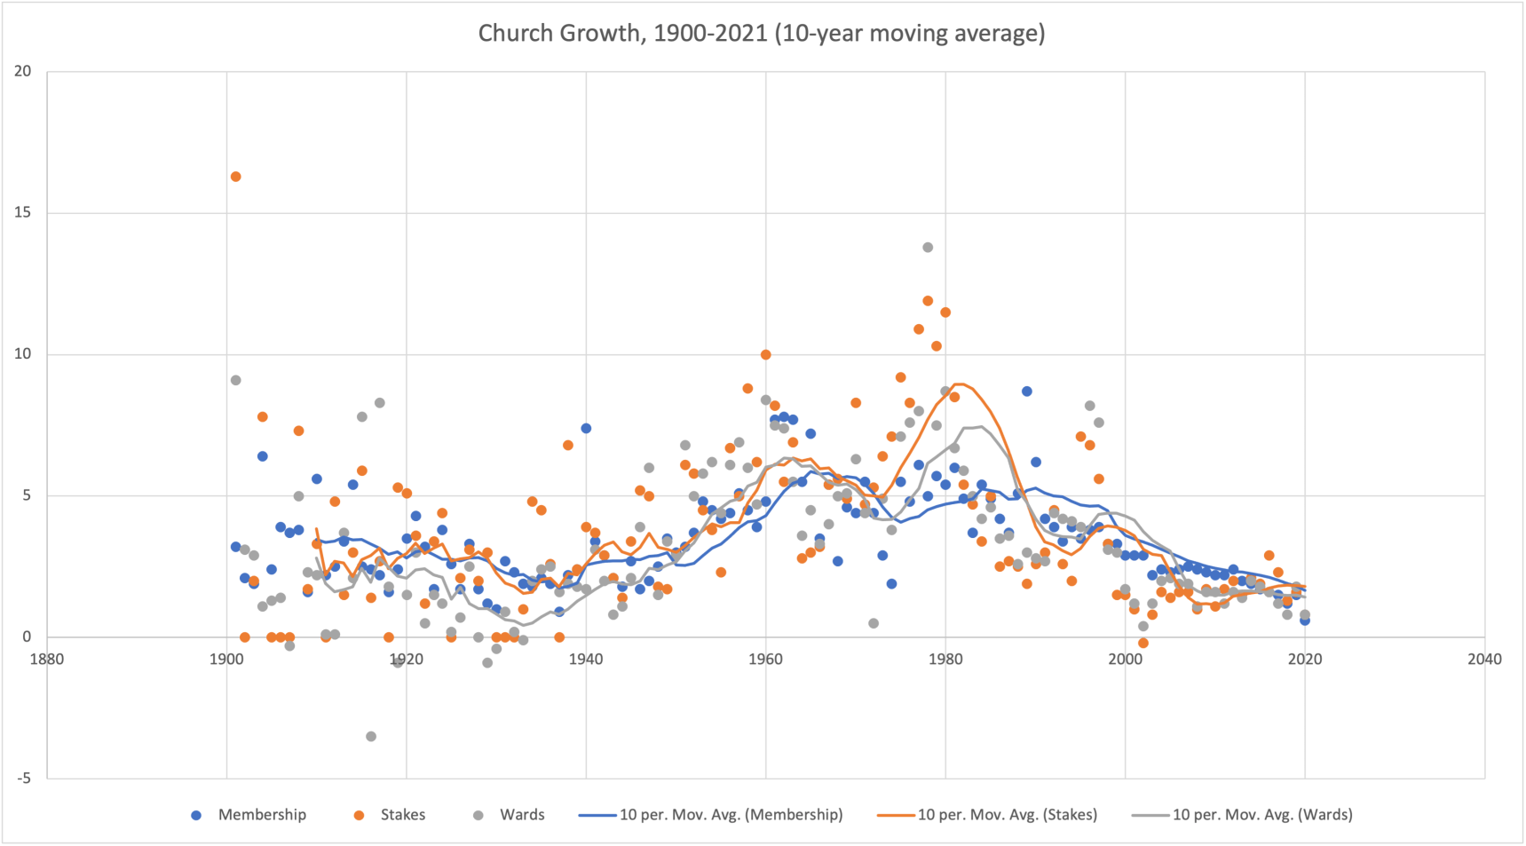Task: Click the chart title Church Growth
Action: tap(761, 34)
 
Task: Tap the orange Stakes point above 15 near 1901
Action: tap(235, 177)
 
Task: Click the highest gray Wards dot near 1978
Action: tap(928, 248)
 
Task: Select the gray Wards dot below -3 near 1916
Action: tap(371, 737)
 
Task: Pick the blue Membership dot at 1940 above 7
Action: tap(586, 429)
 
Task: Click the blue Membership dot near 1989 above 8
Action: tap(1027, 391)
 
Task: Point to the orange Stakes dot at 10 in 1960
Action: tap(765, 355)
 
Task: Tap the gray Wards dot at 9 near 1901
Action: tap(235, 381)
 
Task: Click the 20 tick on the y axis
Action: tap(22, 71)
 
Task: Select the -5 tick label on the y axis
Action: tap(22, 778)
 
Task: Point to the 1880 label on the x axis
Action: tap(46, 659)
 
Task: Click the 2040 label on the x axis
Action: tap(1484, 659)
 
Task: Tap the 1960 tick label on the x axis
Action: tap(765, 659)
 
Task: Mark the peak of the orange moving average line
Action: tap(959, 384)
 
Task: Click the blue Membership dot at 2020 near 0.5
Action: tap(1305, 621)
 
